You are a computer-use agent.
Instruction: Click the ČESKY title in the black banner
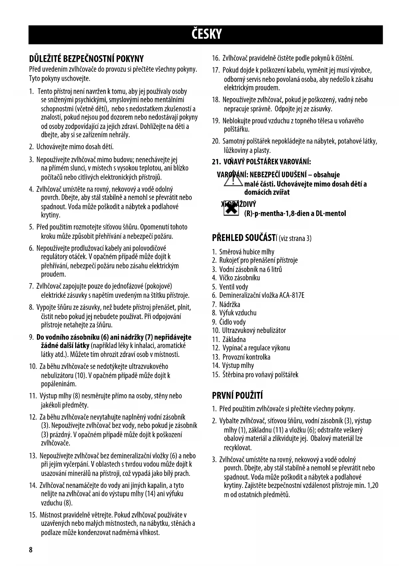point(206,34)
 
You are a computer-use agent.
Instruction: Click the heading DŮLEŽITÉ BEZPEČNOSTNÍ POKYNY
point(87,59)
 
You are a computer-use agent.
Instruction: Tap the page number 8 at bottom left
point(31,550)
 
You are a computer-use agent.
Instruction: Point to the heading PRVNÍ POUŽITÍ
point(237,396)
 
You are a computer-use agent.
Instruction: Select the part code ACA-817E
point(292,295)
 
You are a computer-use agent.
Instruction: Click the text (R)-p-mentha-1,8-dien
point(274,213)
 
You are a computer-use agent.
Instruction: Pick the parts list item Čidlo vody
point(233,322)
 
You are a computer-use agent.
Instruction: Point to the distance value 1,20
point(373,485)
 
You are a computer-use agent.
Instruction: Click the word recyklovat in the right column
point(238,447)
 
